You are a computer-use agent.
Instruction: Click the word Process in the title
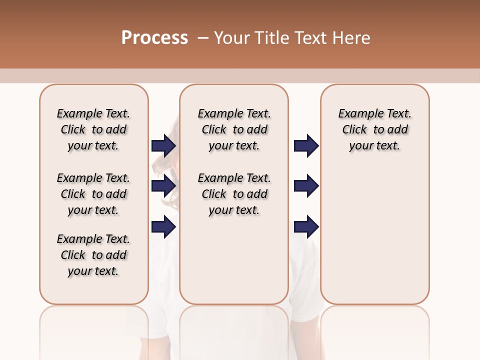click(x=154, y=38)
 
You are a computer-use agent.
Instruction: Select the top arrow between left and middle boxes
click(x=163, y=145)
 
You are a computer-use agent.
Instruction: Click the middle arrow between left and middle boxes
click(x=163, y=186)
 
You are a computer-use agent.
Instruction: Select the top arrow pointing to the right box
click(x=306, y=145)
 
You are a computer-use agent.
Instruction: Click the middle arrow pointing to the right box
click(x=306, y=186)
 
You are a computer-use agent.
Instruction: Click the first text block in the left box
click(x=93, y=129)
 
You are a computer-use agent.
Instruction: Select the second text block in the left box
click(x=93, y=194)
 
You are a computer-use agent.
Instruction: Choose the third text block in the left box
click(x=93, y=255)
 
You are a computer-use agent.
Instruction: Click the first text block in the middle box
click(x=234, y=129)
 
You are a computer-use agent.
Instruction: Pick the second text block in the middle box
click(x=234, y=194)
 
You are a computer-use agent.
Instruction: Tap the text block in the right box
click(x=374, y=129)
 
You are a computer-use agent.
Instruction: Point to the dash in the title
click(x=202, y=38)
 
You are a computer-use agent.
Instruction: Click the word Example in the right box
click(x=357, y=114)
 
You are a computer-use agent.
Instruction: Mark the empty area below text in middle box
click(x=234, y=260)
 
